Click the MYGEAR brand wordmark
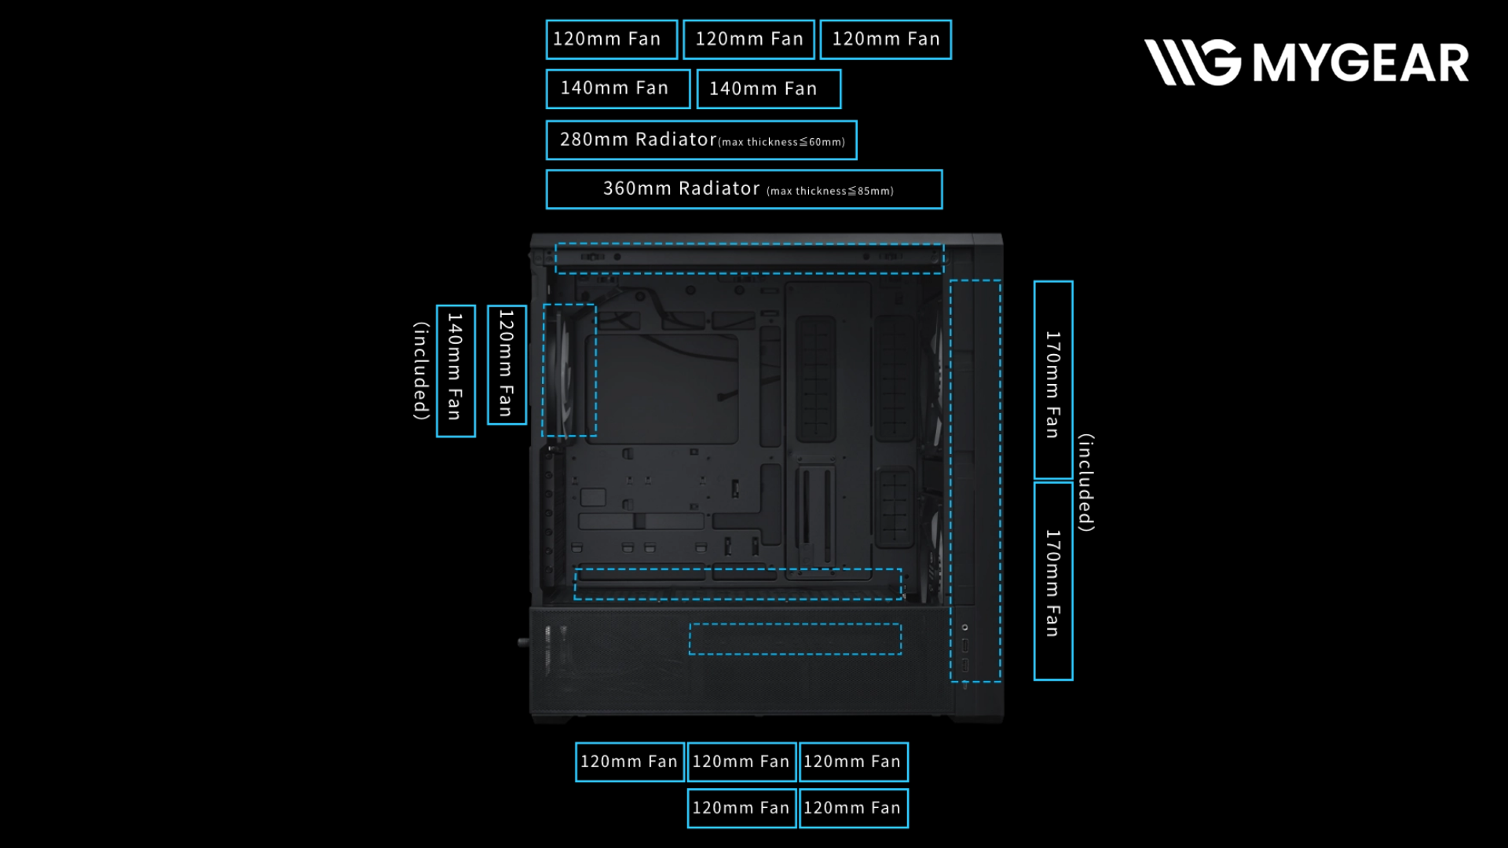click(x=1360, y=63)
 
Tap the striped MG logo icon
click(x=1192, y=62)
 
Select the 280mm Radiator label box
click(x=701, y=141)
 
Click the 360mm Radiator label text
click(x=681, y=189)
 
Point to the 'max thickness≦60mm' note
click(x=782, y=142)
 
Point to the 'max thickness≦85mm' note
click(x=830, y=191)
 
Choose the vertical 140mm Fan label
click(x=456, y=371)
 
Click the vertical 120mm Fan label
click(x=507, y=365)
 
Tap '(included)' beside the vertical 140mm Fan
click(x=422, y=371)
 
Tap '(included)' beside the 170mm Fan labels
click(x=1086, y=482)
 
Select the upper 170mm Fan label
click(x=1053, y=381)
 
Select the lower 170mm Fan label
click(x=1053, y=581)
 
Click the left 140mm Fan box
click(x=617, y=89)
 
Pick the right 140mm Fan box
click(x=768, y=89)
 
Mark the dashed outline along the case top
click(x=749, y=259)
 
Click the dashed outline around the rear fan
click(x=569, y=370)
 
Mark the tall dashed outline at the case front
click(x=975, y=481)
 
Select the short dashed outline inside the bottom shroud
click(x=795, y=639)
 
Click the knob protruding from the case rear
click(x=523, y=642)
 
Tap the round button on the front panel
click(x=965, y=627)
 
